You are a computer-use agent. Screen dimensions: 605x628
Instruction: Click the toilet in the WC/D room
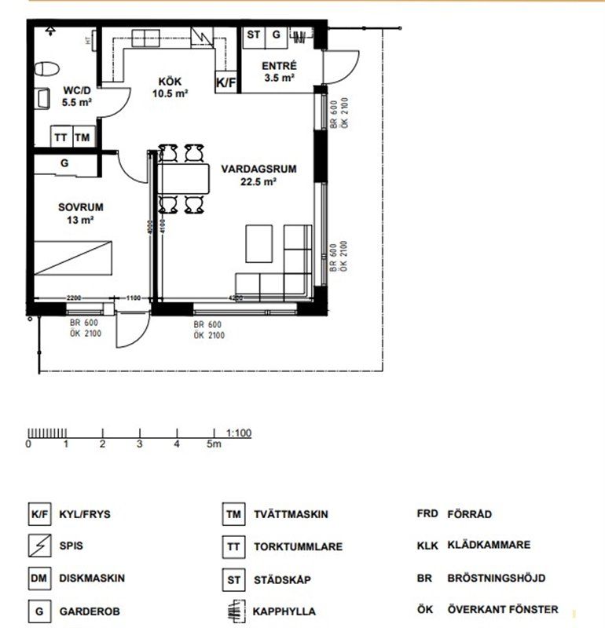tap(46, 69)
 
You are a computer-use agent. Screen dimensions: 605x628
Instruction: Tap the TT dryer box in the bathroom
tap(61, 137)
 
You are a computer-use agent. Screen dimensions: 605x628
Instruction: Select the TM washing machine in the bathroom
tap(83, 137)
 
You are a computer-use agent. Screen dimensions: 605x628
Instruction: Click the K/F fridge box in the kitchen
tap(226, 82)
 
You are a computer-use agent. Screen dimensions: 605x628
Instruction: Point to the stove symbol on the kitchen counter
tap(202, 37)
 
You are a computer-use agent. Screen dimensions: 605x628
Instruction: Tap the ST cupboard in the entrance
tap(254, 38)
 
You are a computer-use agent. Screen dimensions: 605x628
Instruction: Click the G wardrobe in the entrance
tap(276, 38)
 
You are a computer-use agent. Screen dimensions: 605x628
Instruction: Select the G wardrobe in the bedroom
tap(64, 163)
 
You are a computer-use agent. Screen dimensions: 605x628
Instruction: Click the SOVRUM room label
tap(81, 207)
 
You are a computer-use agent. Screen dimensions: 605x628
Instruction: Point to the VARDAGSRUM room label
tap(258, 169)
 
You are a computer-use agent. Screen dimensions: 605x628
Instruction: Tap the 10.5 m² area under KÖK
tap(170, 93)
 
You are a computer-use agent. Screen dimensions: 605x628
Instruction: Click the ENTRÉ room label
tap(280, 66)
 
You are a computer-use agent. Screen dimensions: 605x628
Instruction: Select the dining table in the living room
tap(184, 178)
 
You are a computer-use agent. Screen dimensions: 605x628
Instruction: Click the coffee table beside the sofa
tap(259, 243)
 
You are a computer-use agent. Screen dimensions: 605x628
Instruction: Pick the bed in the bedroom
tap(72, 258)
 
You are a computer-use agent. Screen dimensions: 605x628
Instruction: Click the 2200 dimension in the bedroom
tap(74, 298)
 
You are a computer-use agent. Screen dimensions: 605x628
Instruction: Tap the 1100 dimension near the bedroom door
tap(134, 298)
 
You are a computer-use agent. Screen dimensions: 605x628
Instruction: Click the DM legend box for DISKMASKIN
tap(39, 578)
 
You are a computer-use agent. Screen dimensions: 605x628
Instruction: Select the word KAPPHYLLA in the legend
tap(284, 612)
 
